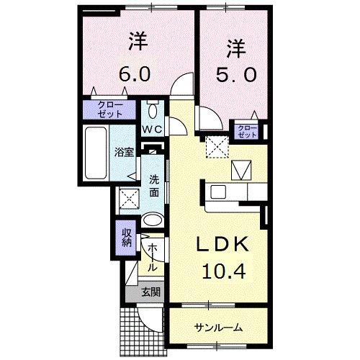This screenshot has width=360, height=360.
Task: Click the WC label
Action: pyautogui.click(x=152, y=130)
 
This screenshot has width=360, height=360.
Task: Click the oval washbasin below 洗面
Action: pyautogui.click(x=152, y=221)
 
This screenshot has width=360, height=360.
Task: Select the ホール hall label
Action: pyautogui.click(x=153, y=256)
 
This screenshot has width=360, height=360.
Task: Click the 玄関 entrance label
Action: pyautogui.click(x=150, y=292)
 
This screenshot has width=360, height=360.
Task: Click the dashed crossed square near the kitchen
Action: pyautogui.click(x=215, y=146)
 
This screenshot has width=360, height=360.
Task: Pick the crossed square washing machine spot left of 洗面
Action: pyautogui.click(x=128, y=197)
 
